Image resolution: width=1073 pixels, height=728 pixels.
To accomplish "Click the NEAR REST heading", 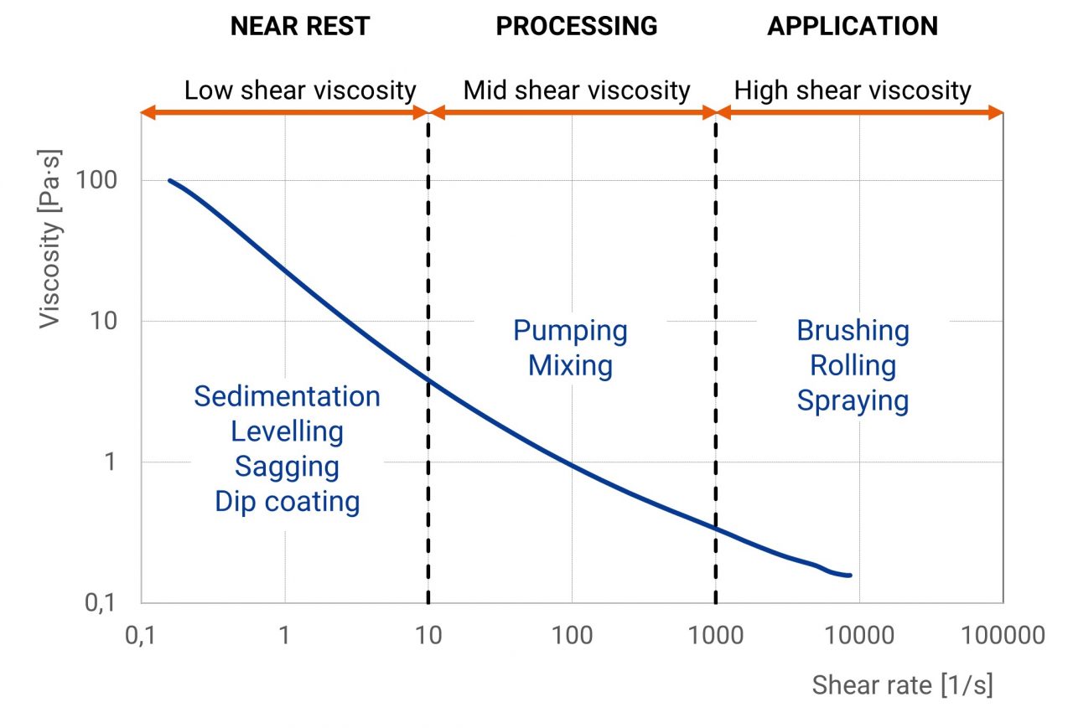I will [x=299, y=26].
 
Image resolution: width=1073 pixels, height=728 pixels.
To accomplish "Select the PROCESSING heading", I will [x=577, y=26].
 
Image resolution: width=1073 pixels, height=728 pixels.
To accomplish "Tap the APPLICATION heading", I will [x=853, y=26].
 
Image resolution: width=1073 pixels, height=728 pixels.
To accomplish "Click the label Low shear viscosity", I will [x=300, y=90].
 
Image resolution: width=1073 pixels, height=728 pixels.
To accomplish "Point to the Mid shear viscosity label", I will [x=577, y=90].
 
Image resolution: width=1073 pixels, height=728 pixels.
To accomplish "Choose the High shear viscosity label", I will [x=853, y=90].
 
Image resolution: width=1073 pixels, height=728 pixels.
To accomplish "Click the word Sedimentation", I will [x=287, y=396].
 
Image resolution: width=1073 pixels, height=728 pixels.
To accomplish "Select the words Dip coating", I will [x=287, y=501].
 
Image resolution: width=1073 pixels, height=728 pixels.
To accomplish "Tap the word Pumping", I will [x=570, y=330].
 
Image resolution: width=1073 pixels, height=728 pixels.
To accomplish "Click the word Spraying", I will [x=853, y=400].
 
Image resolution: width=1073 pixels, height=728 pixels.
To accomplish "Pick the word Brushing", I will [x=853, y=330].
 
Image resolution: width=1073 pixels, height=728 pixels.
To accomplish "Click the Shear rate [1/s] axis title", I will [x=902, y=684].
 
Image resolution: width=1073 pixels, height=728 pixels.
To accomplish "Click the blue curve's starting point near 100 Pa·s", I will [x=169, y=180].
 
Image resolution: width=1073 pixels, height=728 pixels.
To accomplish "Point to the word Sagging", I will [x=287, y=466].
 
